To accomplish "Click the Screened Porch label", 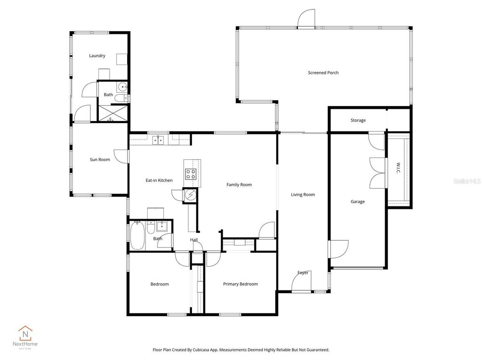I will click(x=323, y=73).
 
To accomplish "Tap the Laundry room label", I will click(x=97, y=56).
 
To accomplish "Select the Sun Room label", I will click(x=100, y=159).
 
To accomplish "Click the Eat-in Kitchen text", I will click(x=159, y=180).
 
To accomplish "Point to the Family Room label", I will click(x=239, y=185).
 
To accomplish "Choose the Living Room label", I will click(x=303, y=194).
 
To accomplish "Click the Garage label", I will click(x=357, y=201).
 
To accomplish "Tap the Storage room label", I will click(x=358, y=120).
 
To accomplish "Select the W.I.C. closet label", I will click(x=398, y=168).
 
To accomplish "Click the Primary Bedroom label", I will click(x=240, y=284).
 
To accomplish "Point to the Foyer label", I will click(x=303, y=272).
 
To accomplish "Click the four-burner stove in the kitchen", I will click(x=190, y=173).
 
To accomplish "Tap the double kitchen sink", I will click(x=158, y=139).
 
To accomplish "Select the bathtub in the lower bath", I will click(x=137, y=235).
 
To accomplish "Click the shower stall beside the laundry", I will click(x=112, y=113).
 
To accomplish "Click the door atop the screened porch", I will click(x=306, y=19).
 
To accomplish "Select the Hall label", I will click(x=193, y=240).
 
